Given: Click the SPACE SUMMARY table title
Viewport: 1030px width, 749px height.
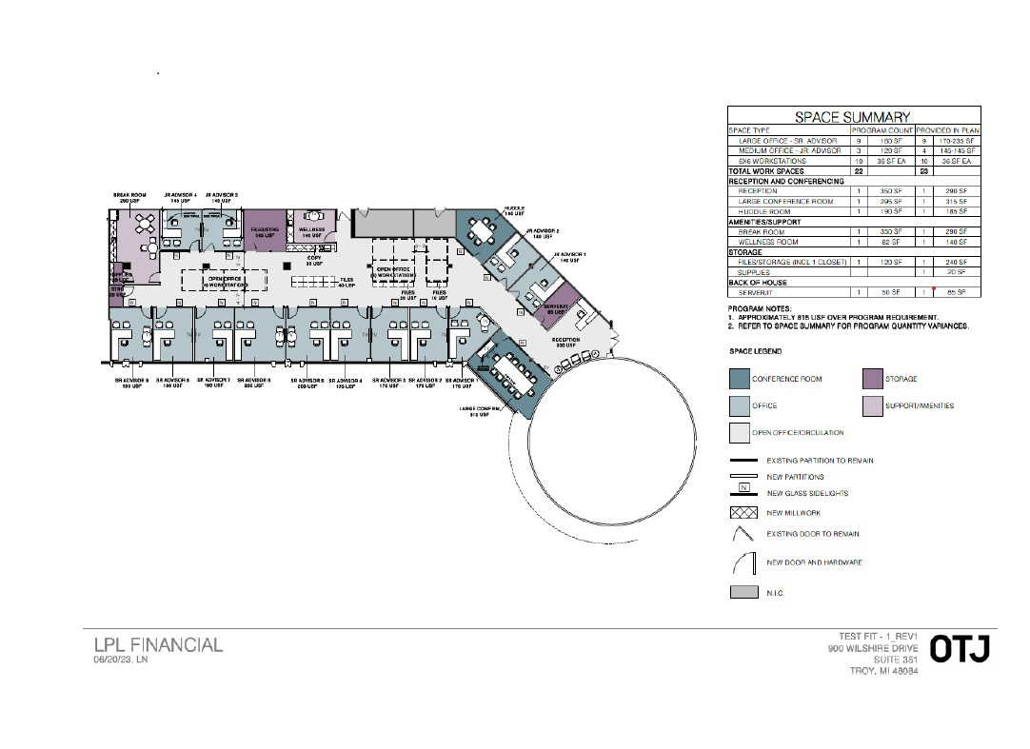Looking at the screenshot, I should pos(853,117).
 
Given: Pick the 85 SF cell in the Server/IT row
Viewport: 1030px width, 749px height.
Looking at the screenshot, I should pos(957,292).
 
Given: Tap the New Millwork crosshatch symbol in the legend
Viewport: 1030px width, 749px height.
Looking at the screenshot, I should pos(739,513).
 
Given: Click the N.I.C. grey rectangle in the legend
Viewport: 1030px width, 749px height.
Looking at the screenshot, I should pos(739,592).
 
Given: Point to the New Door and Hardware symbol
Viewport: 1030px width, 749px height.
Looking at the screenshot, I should pos(739,562).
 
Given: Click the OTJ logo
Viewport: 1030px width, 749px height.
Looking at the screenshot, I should pos(960,650).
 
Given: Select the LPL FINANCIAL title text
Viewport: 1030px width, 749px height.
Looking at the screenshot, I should pos(158,645).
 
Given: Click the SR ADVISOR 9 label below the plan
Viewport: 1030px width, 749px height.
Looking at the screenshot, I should pos(132,382).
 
